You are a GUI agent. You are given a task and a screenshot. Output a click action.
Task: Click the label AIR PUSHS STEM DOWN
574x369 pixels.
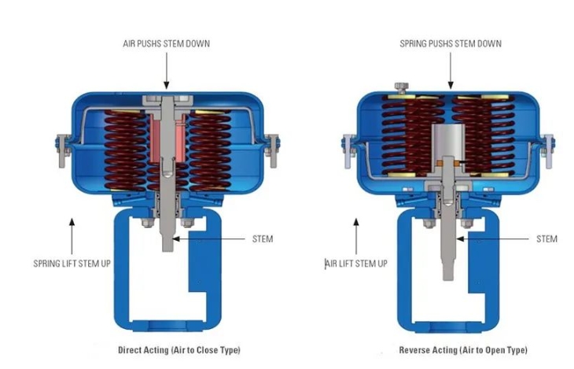coord(167,43)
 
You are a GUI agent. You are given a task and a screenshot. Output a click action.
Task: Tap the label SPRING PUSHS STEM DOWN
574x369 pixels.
coord(450,43)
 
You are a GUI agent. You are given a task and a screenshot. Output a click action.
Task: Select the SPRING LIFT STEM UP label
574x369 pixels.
coord(72,263)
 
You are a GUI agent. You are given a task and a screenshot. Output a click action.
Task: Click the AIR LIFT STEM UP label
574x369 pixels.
coord(355,263)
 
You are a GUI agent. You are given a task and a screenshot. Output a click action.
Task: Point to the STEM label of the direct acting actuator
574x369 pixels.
coord(261,238)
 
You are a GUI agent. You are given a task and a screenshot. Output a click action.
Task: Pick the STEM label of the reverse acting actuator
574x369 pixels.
coord(546,238)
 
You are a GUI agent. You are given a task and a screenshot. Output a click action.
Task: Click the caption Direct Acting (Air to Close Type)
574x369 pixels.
coord(179,349)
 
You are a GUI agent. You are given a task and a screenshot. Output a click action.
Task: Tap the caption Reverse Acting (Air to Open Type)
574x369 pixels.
coord(463,349)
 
